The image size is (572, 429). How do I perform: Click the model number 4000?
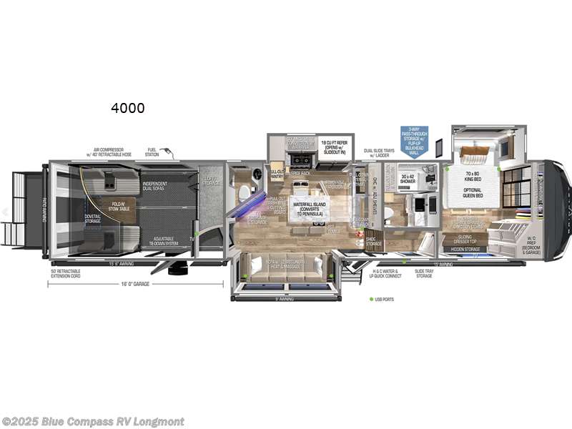(x=127, y=108)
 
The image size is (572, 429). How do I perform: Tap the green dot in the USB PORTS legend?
(x=371, y=299)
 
